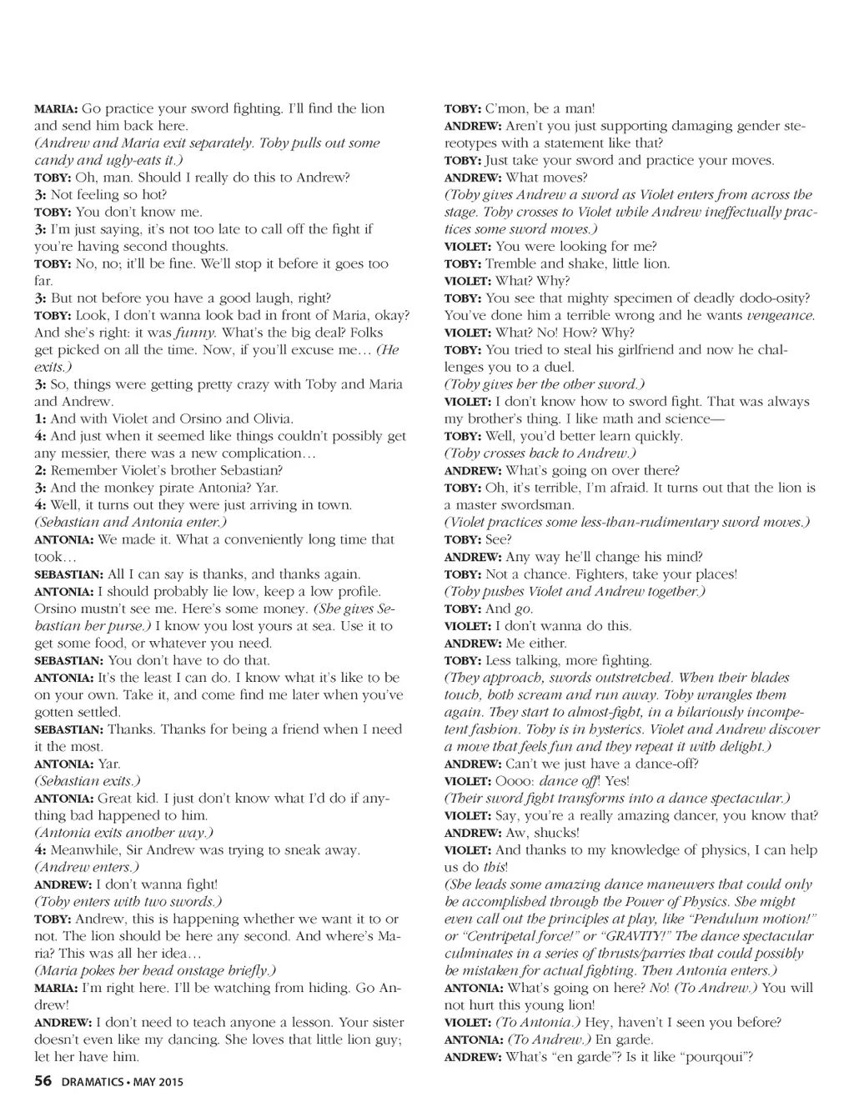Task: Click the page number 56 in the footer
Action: (x=43, y=1082)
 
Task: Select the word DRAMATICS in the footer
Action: (x=90, y=1083)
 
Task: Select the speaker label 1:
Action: (x=40, y=419)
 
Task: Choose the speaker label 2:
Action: (x=40, y=471)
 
